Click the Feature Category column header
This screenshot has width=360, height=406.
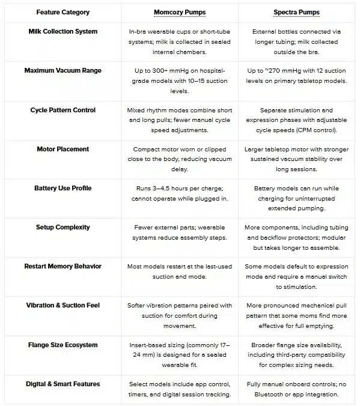tap(63, 12)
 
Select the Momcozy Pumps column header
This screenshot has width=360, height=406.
tap(180, 12)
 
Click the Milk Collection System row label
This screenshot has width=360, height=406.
tap(63, 31)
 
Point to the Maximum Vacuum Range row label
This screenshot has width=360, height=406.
tap(63, 70)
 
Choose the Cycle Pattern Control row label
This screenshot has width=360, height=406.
tap(63, 110)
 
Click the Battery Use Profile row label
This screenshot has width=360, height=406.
tap(63, 188)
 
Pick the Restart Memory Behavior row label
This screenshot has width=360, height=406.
tap(63, 266)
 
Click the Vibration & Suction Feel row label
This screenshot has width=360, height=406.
tap(63, 305)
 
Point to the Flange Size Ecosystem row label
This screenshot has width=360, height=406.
tap(63, 345)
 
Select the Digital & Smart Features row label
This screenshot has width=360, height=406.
tap(63, 384)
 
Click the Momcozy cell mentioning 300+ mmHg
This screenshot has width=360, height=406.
tap(180, 80)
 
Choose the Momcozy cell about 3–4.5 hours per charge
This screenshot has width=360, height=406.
tap(180, 193)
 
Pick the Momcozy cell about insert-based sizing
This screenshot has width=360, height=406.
tap(180, 355)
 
